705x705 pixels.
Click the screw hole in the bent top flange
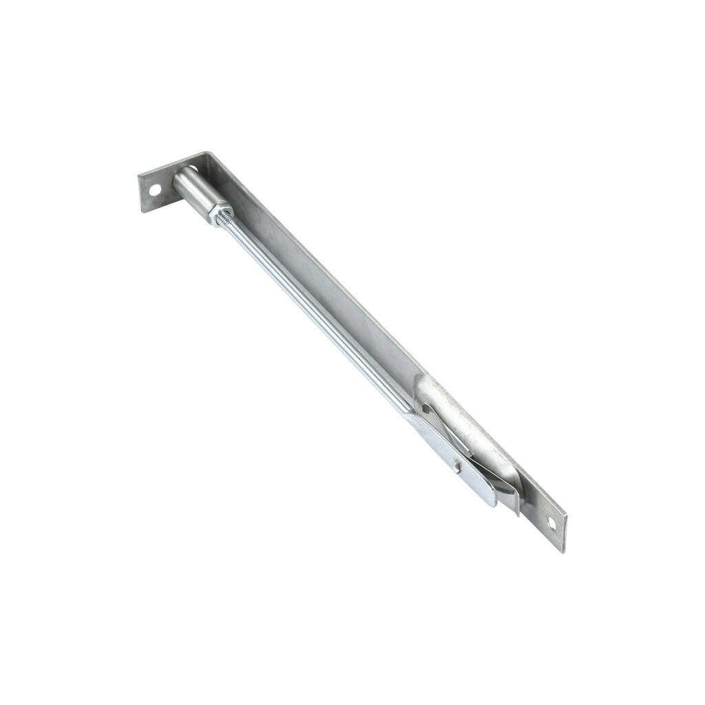[x=156, y=188]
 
